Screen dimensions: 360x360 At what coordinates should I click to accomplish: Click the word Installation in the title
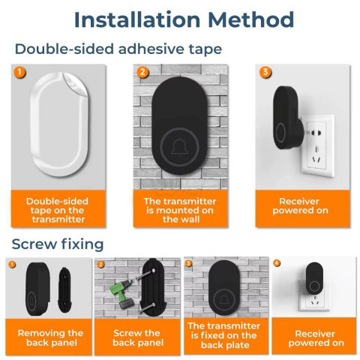137,19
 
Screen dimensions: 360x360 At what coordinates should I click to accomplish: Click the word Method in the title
250,19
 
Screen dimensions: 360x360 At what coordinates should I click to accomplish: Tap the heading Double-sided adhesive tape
118,49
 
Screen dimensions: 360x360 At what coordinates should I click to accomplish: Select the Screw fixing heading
58,244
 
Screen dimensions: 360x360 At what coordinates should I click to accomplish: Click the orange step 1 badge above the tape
19,72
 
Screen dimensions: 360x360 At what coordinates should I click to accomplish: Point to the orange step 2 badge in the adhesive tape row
142,72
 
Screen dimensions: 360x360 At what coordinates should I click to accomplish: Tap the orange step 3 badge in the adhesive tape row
265,72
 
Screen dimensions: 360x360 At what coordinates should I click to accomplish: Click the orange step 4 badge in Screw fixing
277,263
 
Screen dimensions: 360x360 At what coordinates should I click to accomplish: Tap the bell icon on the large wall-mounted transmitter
179,147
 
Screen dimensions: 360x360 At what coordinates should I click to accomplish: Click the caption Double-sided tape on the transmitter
58,210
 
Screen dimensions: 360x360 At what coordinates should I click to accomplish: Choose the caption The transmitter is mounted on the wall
180,210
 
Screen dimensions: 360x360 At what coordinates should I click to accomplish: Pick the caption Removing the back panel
51,337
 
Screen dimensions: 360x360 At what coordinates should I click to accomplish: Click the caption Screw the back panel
138,337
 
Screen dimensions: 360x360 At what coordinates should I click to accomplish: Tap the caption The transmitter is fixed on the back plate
224,335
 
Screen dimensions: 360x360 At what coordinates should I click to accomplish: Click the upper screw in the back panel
142,277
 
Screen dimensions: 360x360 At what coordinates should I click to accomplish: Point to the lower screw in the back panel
146,307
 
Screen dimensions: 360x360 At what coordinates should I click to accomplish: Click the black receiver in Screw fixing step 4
314,278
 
